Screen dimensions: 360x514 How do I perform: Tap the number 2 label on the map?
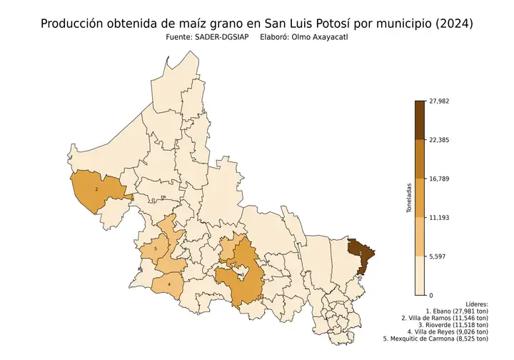point(96,189)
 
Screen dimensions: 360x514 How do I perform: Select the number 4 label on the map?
point(169,284)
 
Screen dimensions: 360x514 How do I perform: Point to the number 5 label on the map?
point(156,249)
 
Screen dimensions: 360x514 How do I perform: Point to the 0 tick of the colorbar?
point(430,295)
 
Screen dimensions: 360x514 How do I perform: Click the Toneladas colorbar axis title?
point(409,198)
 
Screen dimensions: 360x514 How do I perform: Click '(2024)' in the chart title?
point(453,24)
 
